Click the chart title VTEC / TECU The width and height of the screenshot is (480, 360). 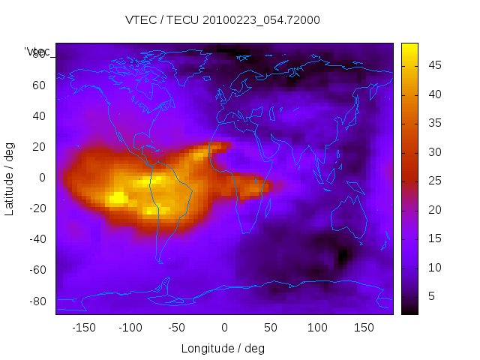tap(223, 20)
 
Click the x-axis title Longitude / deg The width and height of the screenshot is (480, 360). tap(223, 349)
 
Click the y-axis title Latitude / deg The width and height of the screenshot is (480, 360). tap(10, 177)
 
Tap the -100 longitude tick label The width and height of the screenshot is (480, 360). tap(130, 328)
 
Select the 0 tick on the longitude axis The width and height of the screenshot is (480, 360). tap(223, 328)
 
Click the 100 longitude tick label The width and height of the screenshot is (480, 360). tap(317, 328)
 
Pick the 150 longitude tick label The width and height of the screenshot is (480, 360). tap(364, 328)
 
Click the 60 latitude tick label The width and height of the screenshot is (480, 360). tap(39, 85)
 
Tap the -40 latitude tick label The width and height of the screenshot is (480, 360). tap(37, 239)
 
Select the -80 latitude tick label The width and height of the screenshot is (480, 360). tap(37, 301)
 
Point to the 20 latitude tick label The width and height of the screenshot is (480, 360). tap(39, 147)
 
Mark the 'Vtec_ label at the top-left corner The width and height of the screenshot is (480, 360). tap(37, 52)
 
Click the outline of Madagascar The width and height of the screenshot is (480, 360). tap(268, 205)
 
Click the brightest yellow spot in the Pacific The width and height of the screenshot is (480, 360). tap(117, 198)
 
